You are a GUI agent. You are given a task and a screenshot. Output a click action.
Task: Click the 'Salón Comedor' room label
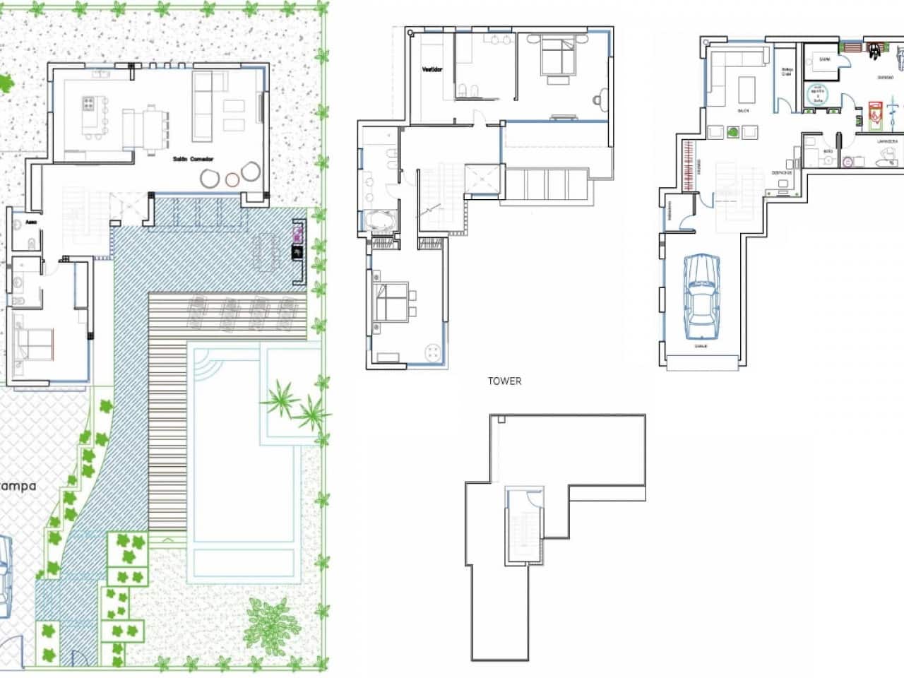(x=193, y=160)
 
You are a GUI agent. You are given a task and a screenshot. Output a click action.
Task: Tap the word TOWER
(x=504, y=381)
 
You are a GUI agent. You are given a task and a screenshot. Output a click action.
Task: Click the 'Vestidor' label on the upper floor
(x=432, y=70)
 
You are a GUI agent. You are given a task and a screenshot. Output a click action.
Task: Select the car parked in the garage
(x=702, y=296)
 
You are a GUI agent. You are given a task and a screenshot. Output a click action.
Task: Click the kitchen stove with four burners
(x=90, y=105)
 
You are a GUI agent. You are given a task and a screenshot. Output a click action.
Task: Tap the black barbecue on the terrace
(x=298, y=252)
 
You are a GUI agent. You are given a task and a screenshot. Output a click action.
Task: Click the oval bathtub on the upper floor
(x=381, y=222)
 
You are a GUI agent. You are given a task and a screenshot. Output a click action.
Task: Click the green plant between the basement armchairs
(x=734, y=131)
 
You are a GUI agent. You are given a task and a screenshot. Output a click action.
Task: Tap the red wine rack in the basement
(x=686, y=166)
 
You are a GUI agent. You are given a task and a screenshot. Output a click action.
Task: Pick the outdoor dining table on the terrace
(x=267, y=251)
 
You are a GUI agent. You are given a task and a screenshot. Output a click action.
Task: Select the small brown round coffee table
(x=232, y=179)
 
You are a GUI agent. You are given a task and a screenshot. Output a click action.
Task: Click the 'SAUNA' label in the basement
(x=823, y=61)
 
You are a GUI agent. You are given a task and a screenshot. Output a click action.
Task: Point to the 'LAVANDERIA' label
(x=887, y=141)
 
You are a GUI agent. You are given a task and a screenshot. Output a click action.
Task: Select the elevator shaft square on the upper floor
(x=483, y=179)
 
